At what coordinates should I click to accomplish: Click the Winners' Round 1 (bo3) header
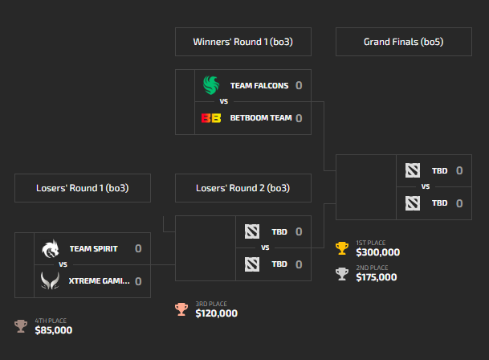click(x=243, y=42)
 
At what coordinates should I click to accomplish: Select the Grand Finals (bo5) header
click(x=404, y=42)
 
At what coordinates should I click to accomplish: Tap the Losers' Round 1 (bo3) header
click(x=83, y=188)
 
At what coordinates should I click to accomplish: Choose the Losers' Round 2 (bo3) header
click(x=243, y=188)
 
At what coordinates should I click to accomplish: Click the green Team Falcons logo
click(x=211, y=85)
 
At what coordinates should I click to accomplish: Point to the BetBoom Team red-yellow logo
click(x=211, y=118)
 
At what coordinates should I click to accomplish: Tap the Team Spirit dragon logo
click(x=51, y=248)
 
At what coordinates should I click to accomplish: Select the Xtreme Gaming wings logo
click(x=51, y=280)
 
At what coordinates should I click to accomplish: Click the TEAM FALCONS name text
click(x=259, y=85)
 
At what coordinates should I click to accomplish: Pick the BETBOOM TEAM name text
click(x=261, y=117)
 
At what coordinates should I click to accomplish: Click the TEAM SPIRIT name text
click(x=94, y=248)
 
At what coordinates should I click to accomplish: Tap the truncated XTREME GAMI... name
click(x=100, y=281)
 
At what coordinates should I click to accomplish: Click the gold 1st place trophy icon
click(x=342, y=248)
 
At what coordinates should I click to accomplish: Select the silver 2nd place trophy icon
click(x=342, y=274)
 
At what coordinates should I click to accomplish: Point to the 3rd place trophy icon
click(x=181, y=309)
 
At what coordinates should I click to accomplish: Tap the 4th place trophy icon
click(x=21, y=326)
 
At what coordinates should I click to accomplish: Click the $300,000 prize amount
click(x=378, y=252)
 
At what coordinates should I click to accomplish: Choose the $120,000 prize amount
click(x=217, y=313)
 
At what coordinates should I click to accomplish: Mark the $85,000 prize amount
click(x=54, y=330)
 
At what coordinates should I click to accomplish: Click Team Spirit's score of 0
click(x=138, y=248)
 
